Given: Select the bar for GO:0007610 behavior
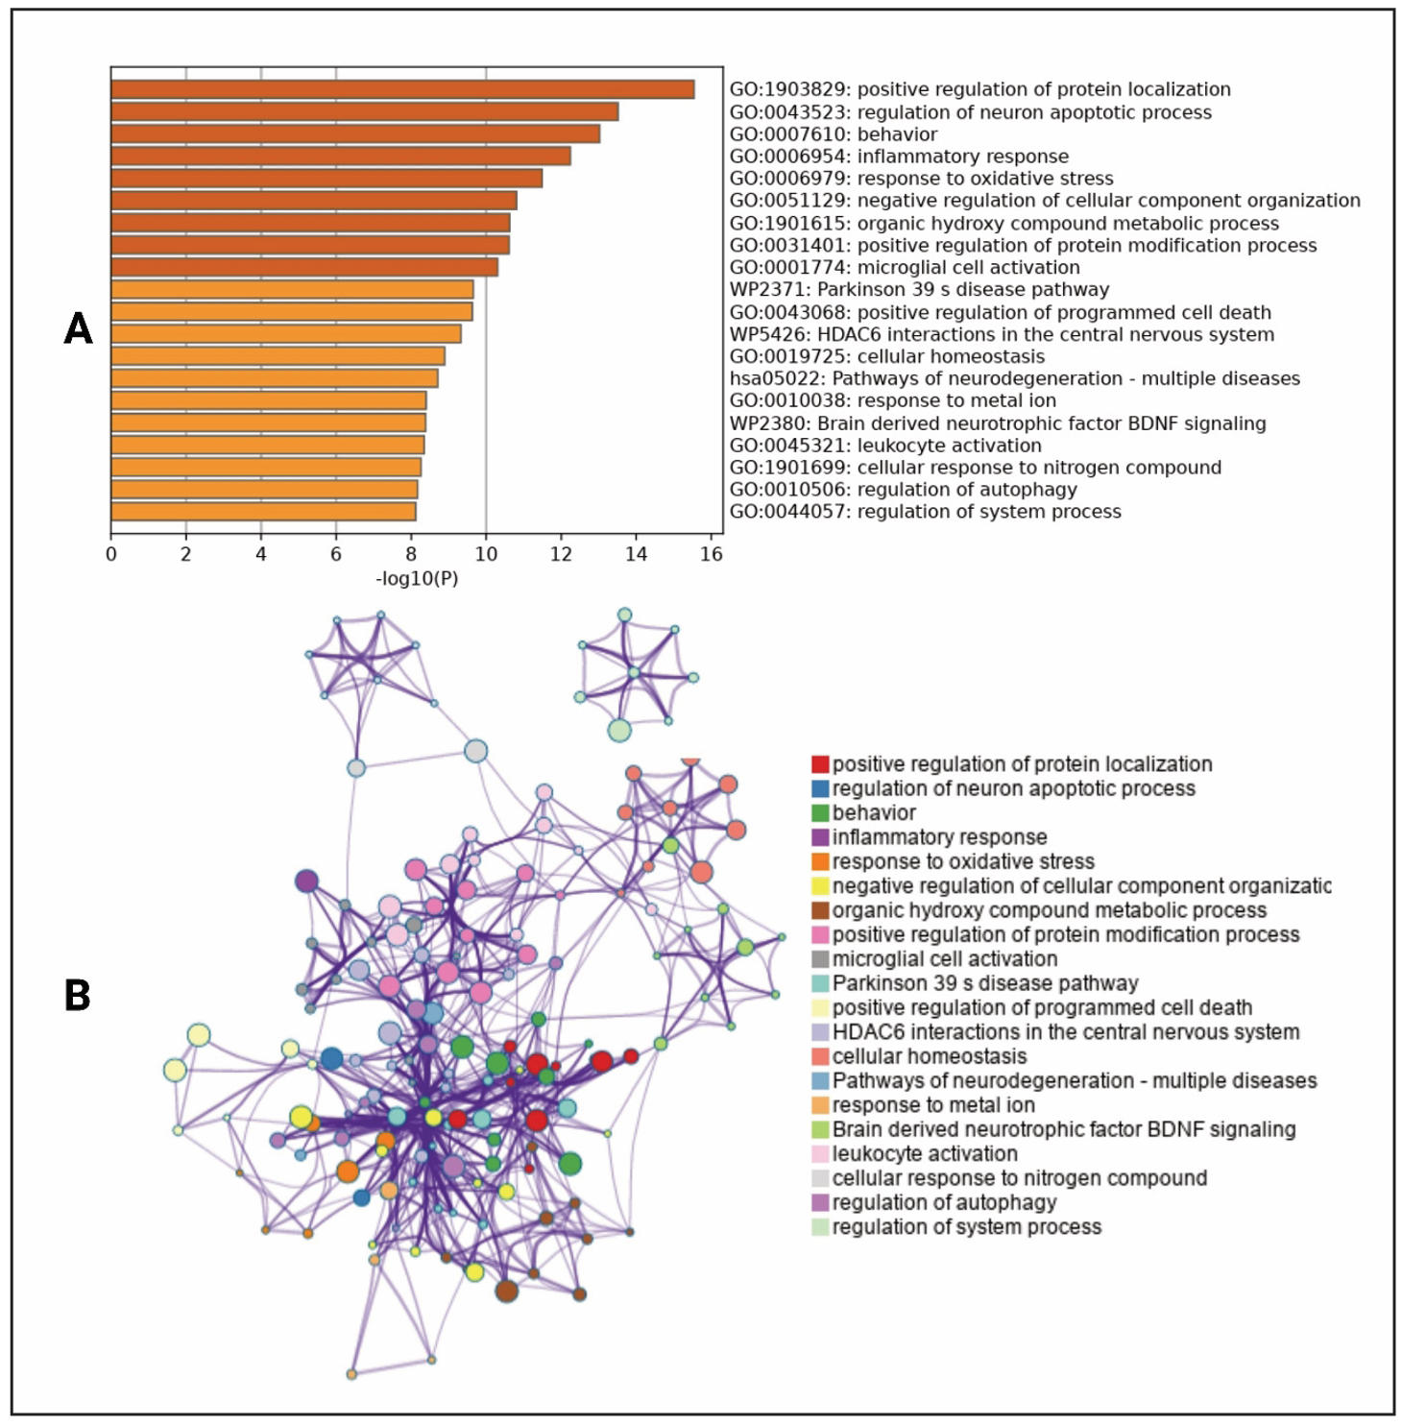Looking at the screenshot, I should pyautogui.click(x=355, y=134).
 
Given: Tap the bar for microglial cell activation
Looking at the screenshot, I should pyautogui.click(x=304, y=267).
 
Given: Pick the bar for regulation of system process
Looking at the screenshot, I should pyautogui.click(x=263, y=512).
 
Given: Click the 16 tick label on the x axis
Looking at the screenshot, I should pyautogui.click(x=711, y=554).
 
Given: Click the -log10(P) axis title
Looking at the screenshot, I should pyautogui.click(x=417, y=579).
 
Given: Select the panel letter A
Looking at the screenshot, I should pyautogui.click(x=78, y=329).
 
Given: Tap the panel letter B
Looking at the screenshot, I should pyautogui.click(x=77, y=996).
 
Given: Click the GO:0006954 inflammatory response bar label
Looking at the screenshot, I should pyautogui.click(x=899, y=157).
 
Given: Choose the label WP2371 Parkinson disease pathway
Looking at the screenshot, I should pyautogui.click(x=919, y=289).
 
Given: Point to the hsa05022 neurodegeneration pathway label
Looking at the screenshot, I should pyautogui.click(x=1014, y=378).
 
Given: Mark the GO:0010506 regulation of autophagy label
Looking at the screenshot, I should pyautogui.click(x=903, y=490).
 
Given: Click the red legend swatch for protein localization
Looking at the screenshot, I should pyautogui.click(x=820, y=764).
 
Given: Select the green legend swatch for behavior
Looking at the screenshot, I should pyautogui.click(x=820, y=813).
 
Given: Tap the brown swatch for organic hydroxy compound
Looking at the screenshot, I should pyautogui.click(x=820, y=910).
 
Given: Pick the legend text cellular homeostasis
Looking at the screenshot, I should pyautogui.click(x=929, y=1056).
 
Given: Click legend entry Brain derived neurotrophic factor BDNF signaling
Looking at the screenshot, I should pyautogui.click(x=1063, y=1129).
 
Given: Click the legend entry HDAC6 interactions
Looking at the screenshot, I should pyautogui.click(x=1065, y=1032).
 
